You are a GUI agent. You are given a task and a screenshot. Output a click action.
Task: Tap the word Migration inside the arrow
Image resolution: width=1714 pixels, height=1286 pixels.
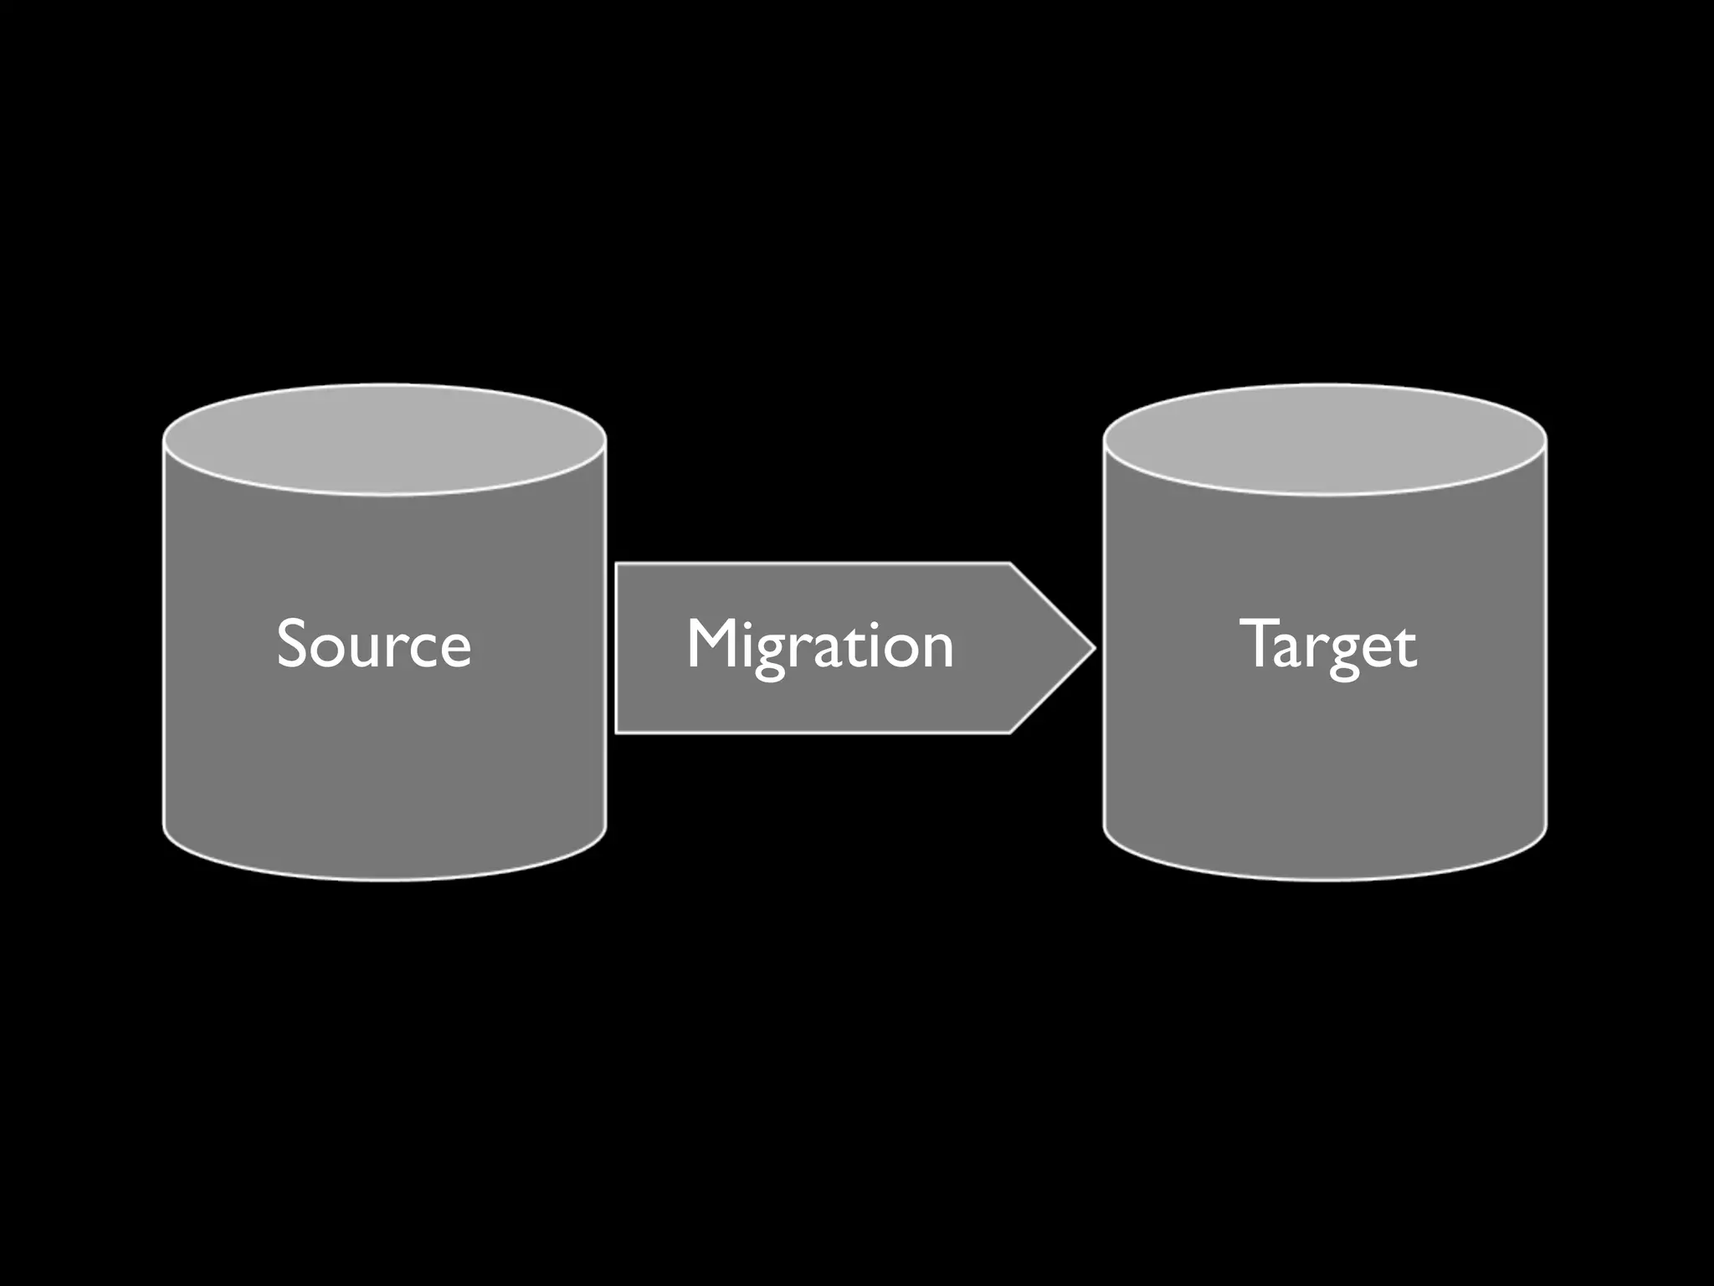click(819, 645)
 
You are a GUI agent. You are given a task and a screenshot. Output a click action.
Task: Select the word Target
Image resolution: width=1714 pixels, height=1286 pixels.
click(1327, 645)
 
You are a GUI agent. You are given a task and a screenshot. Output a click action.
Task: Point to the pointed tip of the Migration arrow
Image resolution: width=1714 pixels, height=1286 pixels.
click(1092, 647)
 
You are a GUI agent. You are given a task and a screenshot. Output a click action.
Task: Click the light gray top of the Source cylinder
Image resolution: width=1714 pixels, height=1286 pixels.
click(384, 440)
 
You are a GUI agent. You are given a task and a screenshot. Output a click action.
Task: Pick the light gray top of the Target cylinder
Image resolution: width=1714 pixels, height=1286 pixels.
click(1325, 440)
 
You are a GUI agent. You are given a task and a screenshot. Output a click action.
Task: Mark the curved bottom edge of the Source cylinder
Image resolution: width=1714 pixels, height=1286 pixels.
click(384, 877)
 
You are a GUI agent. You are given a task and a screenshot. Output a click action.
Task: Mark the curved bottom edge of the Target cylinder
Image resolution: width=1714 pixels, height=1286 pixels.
click(1325, 877)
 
